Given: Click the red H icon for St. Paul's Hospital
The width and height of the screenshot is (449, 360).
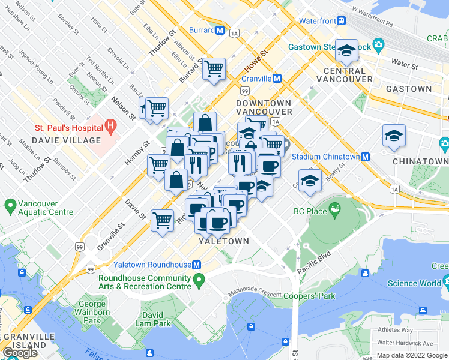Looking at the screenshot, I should tap(110, 127).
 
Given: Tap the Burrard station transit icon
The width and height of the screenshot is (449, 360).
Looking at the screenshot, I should tap(220, 30).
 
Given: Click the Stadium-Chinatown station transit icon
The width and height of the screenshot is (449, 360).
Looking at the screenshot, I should tap(364, 157).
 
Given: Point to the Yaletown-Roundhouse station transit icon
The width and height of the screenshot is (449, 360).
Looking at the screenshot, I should tap(196, 265).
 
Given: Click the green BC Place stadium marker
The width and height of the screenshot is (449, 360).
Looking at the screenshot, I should tap(335, 211).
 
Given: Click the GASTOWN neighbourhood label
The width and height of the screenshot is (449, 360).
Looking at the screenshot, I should tap(408, 89).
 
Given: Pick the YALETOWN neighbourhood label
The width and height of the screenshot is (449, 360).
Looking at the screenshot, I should tap(223, 241).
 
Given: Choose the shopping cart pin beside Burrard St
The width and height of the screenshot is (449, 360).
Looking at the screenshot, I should tap(214, 69).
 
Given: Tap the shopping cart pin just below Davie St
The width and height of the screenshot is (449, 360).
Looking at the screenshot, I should tap(162, 220).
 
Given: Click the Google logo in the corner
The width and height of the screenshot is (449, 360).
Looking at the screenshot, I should tap(20, 353).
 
